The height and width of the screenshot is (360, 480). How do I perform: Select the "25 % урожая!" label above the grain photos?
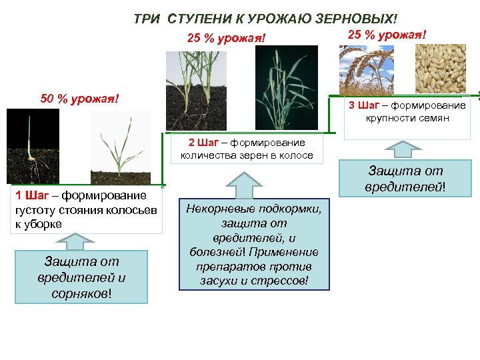[387, 35]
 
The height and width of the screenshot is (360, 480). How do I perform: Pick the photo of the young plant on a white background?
[120, 148]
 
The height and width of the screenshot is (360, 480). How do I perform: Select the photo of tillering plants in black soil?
[196, 89]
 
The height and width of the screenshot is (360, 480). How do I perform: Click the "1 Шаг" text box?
[86, 209]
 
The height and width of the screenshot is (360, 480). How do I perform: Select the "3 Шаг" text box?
[407, 112]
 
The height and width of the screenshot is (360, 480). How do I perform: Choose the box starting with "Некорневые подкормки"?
[253, 244]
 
